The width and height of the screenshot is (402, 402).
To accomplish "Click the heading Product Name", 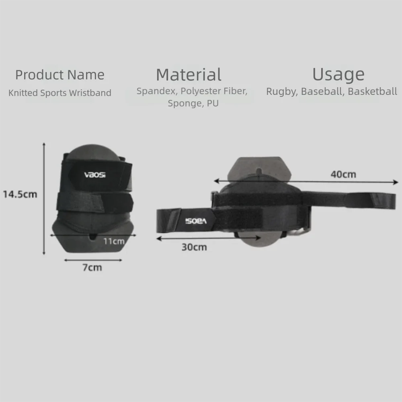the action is coord(60,75).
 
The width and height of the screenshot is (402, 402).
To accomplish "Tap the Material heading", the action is coord(189,75).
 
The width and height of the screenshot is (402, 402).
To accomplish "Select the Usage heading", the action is coord(338,75).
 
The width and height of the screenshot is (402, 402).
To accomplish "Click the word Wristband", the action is coord(90,93).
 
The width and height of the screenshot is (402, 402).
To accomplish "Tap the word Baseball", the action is coord(323,92).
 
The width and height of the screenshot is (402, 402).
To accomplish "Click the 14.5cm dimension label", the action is coord(20,194).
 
